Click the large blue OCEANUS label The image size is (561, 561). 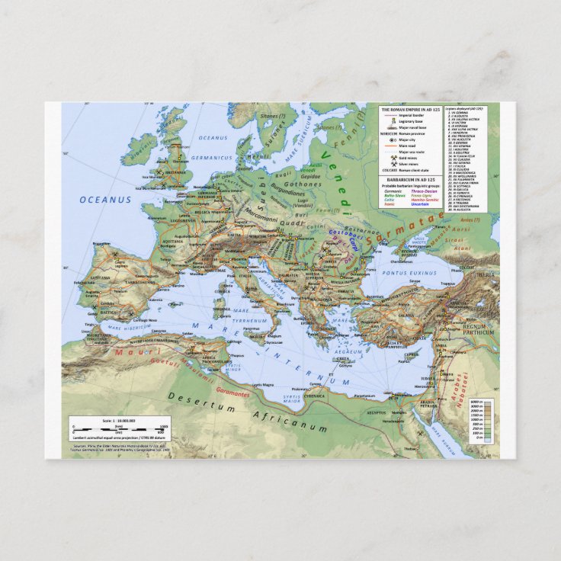point(106,200)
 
